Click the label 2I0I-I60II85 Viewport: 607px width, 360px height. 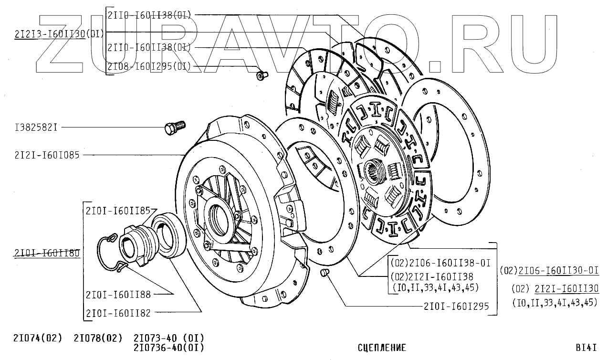click(x=118, y=210)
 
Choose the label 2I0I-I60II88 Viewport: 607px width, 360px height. click(x=118, y=295)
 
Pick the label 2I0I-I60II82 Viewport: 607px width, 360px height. click(x=118, y=313)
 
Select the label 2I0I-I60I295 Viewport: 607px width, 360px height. click(x=456, y=307)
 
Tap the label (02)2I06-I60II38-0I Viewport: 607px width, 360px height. click(x=440, y=263)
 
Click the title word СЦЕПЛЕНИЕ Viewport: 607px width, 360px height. click(x=382, y=348)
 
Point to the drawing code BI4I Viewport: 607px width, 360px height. click(x=586, y=348)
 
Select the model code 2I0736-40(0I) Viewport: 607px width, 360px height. click(x=169, y=348)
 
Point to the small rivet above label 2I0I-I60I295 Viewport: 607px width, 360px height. click(x=325, y=273)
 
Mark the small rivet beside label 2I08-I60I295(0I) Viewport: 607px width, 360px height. click(x=261, y=75)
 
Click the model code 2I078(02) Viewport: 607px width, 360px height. click(x=98, y=338)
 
